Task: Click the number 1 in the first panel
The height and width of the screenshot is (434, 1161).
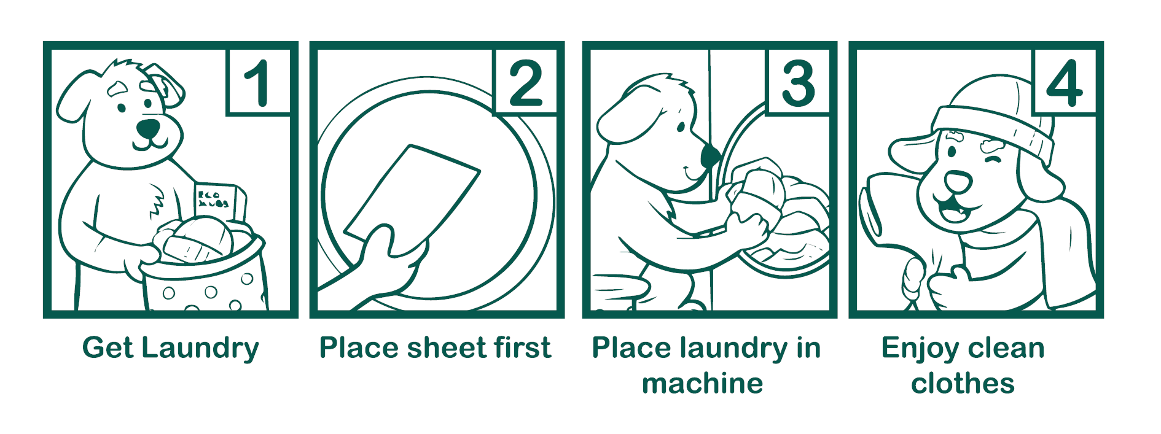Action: [258, 83]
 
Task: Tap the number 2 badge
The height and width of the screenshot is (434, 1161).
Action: [526, 83]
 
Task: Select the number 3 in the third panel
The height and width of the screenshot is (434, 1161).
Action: [798, 83]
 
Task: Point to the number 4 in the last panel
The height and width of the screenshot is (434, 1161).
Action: [1065, 83]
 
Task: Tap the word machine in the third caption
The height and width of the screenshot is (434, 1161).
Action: [702, 384]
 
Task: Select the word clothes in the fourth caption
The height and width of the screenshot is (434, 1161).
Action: [963, 384]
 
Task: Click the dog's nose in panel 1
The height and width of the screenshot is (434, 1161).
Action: [148, 128]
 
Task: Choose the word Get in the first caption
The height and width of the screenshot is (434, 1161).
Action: [107, 347]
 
